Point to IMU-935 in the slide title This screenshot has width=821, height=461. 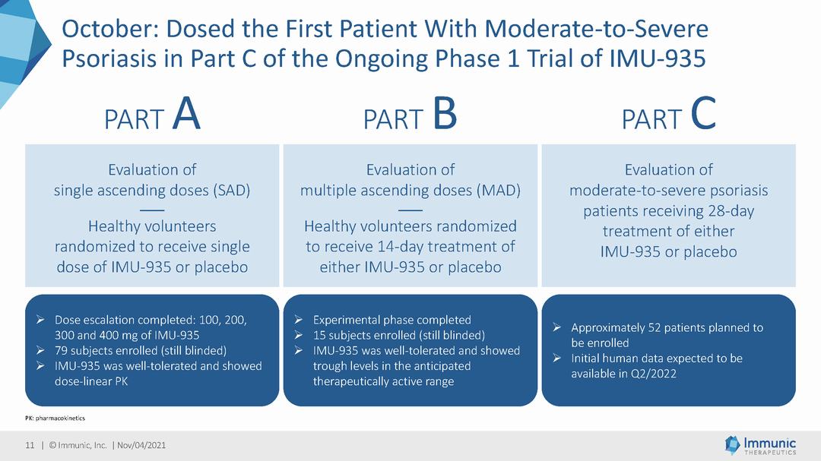pyautogui.click(x=658, y=58)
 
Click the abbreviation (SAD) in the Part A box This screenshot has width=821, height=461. pyautogui.click(x=231, y=190)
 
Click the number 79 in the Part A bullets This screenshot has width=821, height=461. pyautogui.click(x=61, y=351)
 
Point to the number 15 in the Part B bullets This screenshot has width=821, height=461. pyautogui.click(x=319, y=336)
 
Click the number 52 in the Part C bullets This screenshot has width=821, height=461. pyautogui.click(x=655, y=327)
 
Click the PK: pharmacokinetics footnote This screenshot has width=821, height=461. pyautogui.click(x=55, y=418)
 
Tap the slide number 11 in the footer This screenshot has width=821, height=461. pyautogui.click(x=30, y=445)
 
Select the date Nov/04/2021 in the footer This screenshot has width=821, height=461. pyautogui.click(x=141, y=445)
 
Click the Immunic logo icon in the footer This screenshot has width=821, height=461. pyautogui.click(x=732, y=445)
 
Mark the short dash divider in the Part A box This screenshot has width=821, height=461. pyautogui.click(x=152, y=210)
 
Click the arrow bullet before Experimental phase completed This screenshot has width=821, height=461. pyautogui.click(x=299, y=320)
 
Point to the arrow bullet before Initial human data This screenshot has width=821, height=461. pyautogui.click(x=557, y=358)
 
